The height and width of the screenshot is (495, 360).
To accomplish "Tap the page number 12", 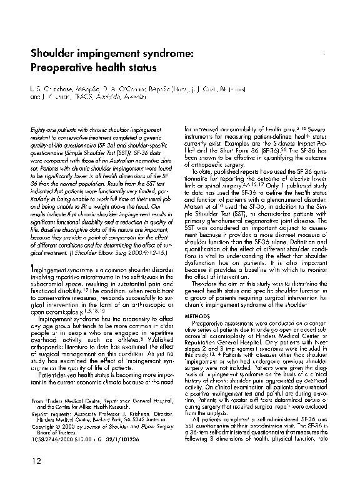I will [x=36, y=478].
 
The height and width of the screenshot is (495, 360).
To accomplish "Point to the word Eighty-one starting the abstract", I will [x=42, y=129].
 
